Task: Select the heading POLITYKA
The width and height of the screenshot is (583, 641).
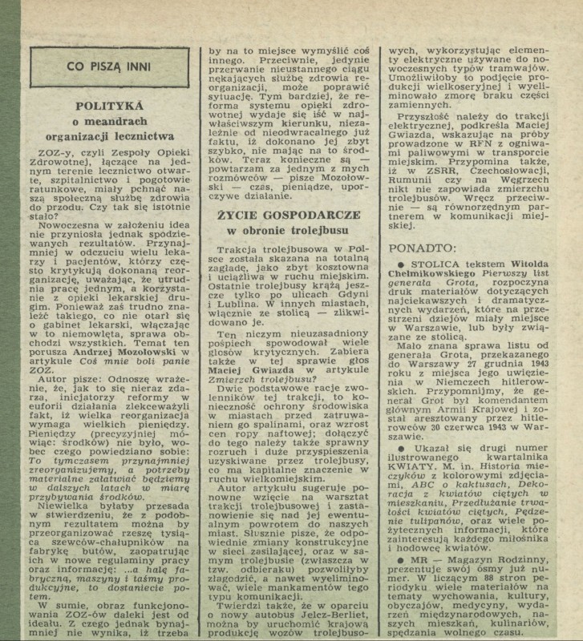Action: point(109,105)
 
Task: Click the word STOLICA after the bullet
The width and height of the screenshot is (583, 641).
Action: point(433,263)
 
